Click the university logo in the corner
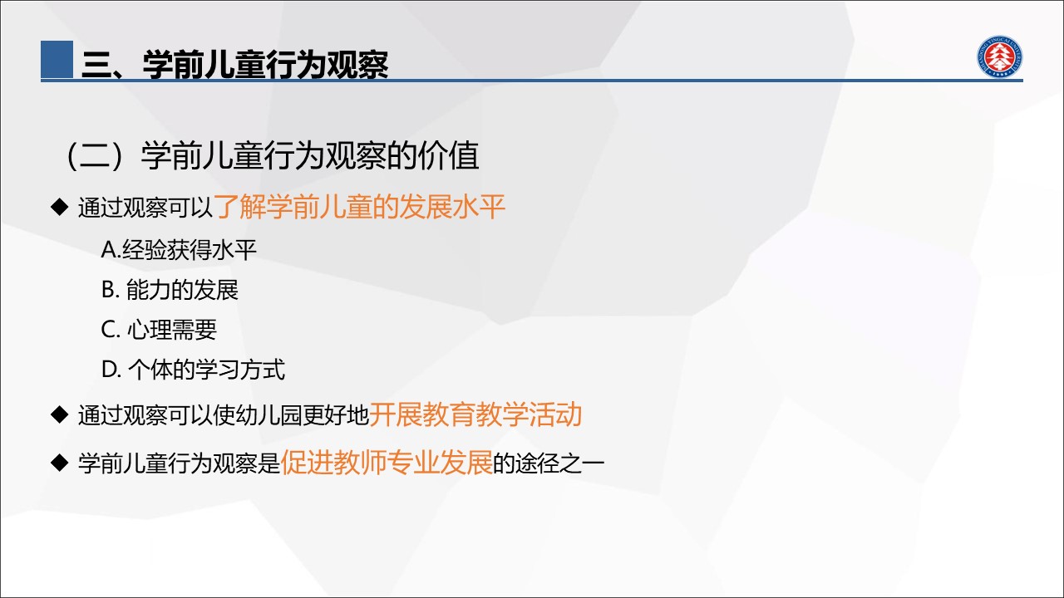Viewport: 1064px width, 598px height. coord(999,56)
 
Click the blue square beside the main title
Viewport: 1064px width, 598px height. coord(57,59)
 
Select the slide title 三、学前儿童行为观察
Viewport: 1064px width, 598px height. coord(235,64)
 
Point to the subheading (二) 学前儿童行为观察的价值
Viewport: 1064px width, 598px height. coord(271,155)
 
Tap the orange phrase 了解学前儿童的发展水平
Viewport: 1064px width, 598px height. coord(360,207)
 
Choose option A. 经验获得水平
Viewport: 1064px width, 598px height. coord(179,249)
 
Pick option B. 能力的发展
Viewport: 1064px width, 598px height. coord(170,290)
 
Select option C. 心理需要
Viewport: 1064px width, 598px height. coord(159,330)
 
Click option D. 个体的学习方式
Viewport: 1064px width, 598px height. coord(193,370)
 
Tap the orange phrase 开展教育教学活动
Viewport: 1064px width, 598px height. coord(475,414)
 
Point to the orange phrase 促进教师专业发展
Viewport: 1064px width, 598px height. coord(387,463)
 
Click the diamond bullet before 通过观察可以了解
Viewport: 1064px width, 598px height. coord(59,207)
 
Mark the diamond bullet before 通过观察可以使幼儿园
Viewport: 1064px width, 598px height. coord(59,414)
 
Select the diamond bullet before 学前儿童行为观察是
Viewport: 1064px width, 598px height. coord(59,463)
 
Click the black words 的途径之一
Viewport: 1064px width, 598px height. coord(549,463)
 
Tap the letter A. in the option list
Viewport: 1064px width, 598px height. coord(111,250)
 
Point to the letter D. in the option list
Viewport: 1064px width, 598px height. coord(111,370)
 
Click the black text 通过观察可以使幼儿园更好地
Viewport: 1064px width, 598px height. coord(224,414)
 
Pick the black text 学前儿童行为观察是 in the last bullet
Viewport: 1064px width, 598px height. coord(179,463)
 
